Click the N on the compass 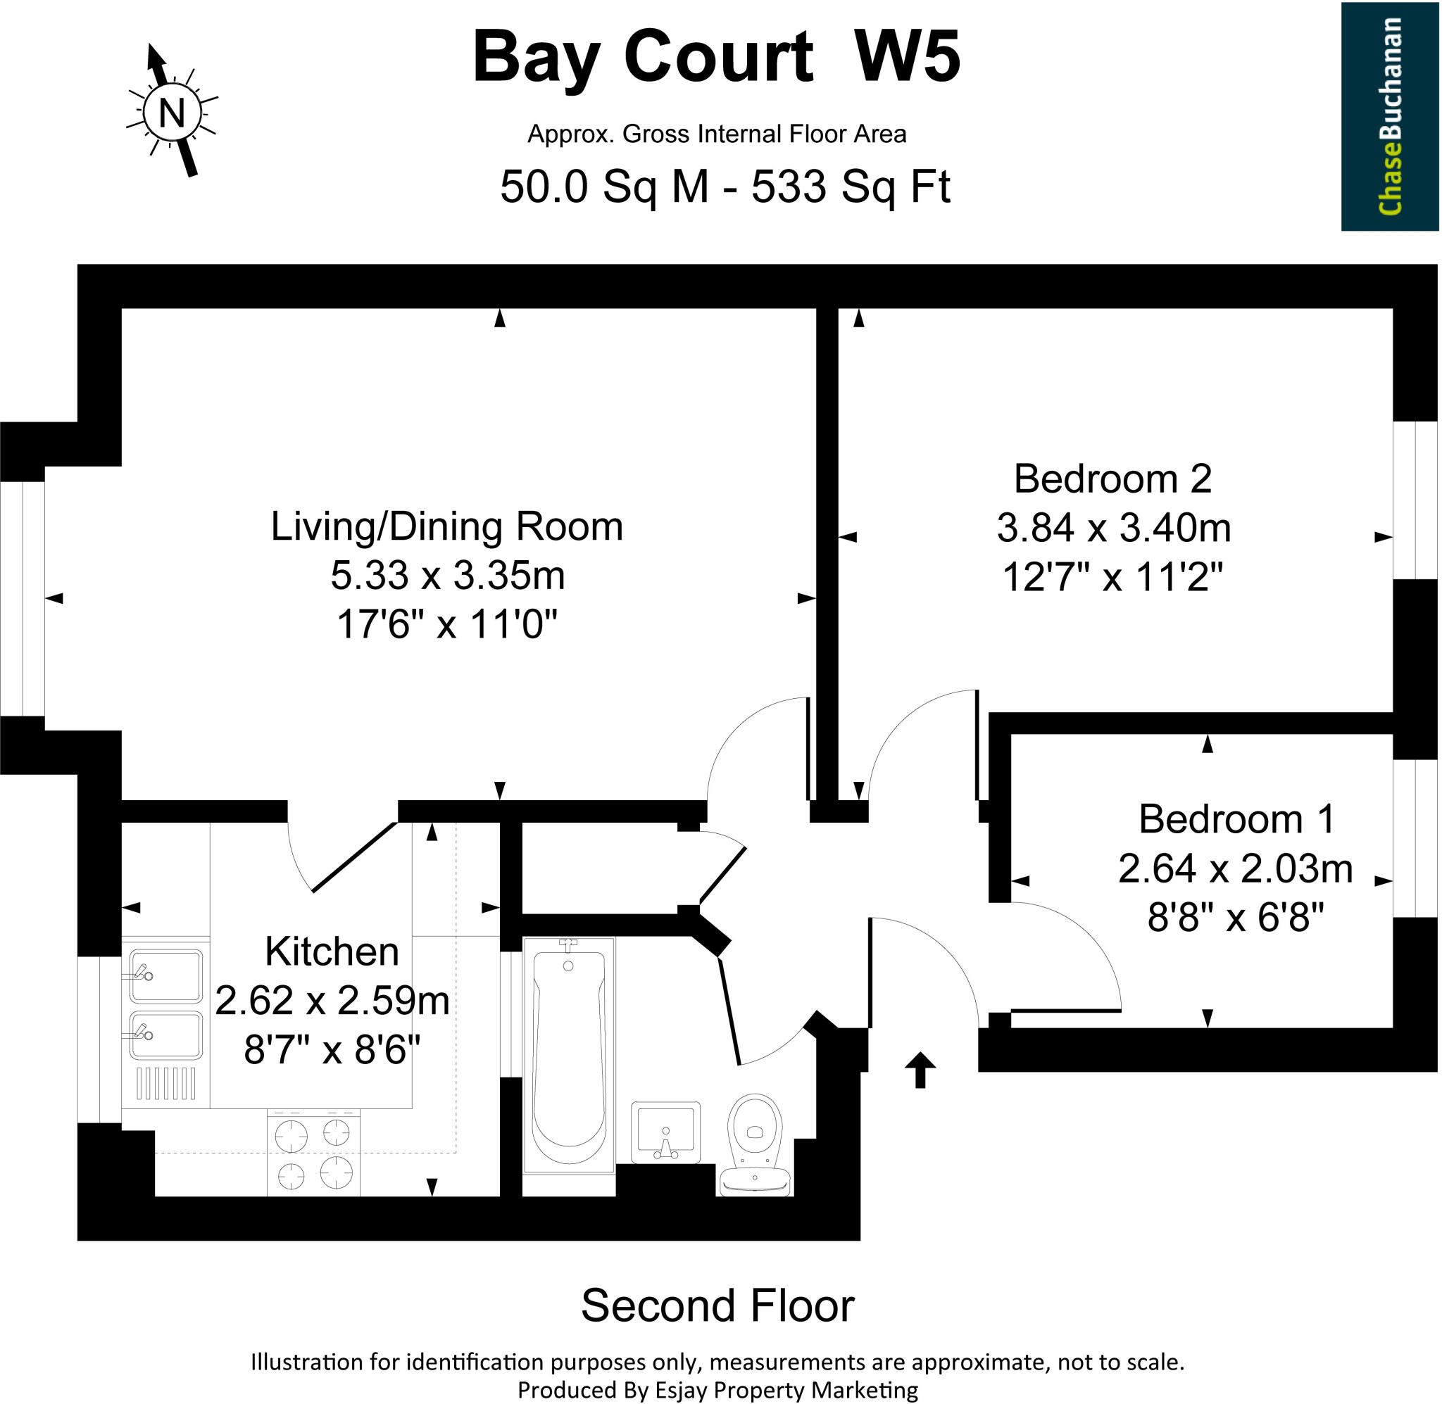point(171,113)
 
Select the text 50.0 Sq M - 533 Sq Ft point(725,186)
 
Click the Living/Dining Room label point(447,526)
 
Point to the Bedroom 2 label point(1113,479)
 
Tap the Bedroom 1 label point(1236,819)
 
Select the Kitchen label point(332,951)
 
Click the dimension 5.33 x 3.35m point(447,575)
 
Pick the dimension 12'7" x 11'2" point(1113,576)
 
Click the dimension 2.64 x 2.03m point(1236,868)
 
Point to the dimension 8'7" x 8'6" point(332,1049)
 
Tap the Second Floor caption point(717,1305)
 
